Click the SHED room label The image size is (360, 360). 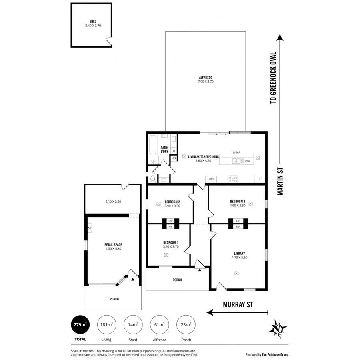[x=93, y=22]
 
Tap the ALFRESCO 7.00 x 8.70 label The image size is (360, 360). [x=205, y=78]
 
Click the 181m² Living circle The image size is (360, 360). [x=106, y=324]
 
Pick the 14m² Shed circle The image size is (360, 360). [x=132, y=324]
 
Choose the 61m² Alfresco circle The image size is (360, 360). [x=159, y=324]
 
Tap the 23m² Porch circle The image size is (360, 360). [x=186, y=324]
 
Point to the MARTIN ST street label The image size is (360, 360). [x=281, y=182]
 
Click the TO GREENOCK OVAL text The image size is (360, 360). [x=273, y=78]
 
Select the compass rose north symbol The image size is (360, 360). [x=277, y=327]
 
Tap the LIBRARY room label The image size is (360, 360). [x=239, y=253]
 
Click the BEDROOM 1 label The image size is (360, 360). [x=170, y=242]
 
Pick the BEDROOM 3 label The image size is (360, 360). [x=238, y=201]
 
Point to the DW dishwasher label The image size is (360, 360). [x=247, y=161]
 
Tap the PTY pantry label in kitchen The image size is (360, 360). [x=211, y=179]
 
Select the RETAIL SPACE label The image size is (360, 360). [x=113, y=244]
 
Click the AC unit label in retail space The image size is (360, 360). [x=89, y=228]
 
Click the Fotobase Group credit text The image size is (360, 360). [x=267, y=354]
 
